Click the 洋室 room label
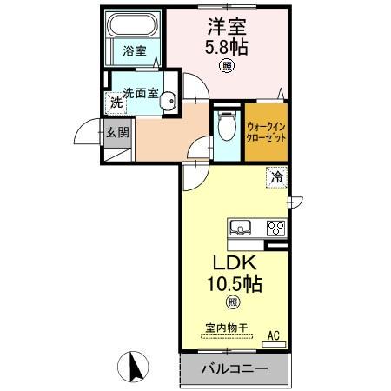point(226,26)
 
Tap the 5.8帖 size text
point(226,47)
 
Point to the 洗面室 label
point(140,93)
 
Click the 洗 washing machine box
point(116,102)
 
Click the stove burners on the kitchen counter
point(275,229)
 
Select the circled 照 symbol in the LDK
point(232,302)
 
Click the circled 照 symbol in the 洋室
point(226,66)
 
